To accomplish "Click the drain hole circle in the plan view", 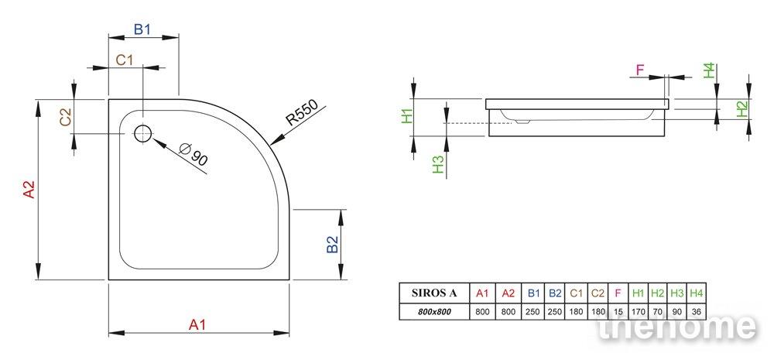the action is click(x=143, y=133).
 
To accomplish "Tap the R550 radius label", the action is click(x=303, y=115).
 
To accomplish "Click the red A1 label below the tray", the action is click(x=197, y=325).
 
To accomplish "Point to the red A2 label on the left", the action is click(x=29, y=190).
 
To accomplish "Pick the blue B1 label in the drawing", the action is click(x=142, y=29).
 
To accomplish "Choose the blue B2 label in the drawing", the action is click(x=333, y=245).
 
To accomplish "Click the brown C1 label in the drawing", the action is click(x=125, y=60).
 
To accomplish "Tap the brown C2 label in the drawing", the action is click(x=65, y=117).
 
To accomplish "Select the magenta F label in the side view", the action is click(x=640, y=70).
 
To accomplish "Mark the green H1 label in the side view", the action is click(x=407, y=117).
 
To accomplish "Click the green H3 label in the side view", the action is click(x=438, y=164).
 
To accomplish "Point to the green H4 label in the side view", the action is click(x=709, y=70).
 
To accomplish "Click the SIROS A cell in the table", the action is click(x=434, y=293).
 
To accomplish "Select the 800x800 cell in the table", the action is click(x=434, y=311).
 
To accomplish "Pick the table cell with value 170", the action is click(x=639, y=311).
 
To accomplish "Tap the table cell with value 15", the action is click(x=618, y=311).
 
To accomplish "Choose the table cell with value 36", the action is click(x=696, y=311).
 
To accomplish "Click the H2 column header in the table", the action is click(x=657, y=293).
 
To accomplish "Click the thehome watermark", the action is click(x=676, y=326).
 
